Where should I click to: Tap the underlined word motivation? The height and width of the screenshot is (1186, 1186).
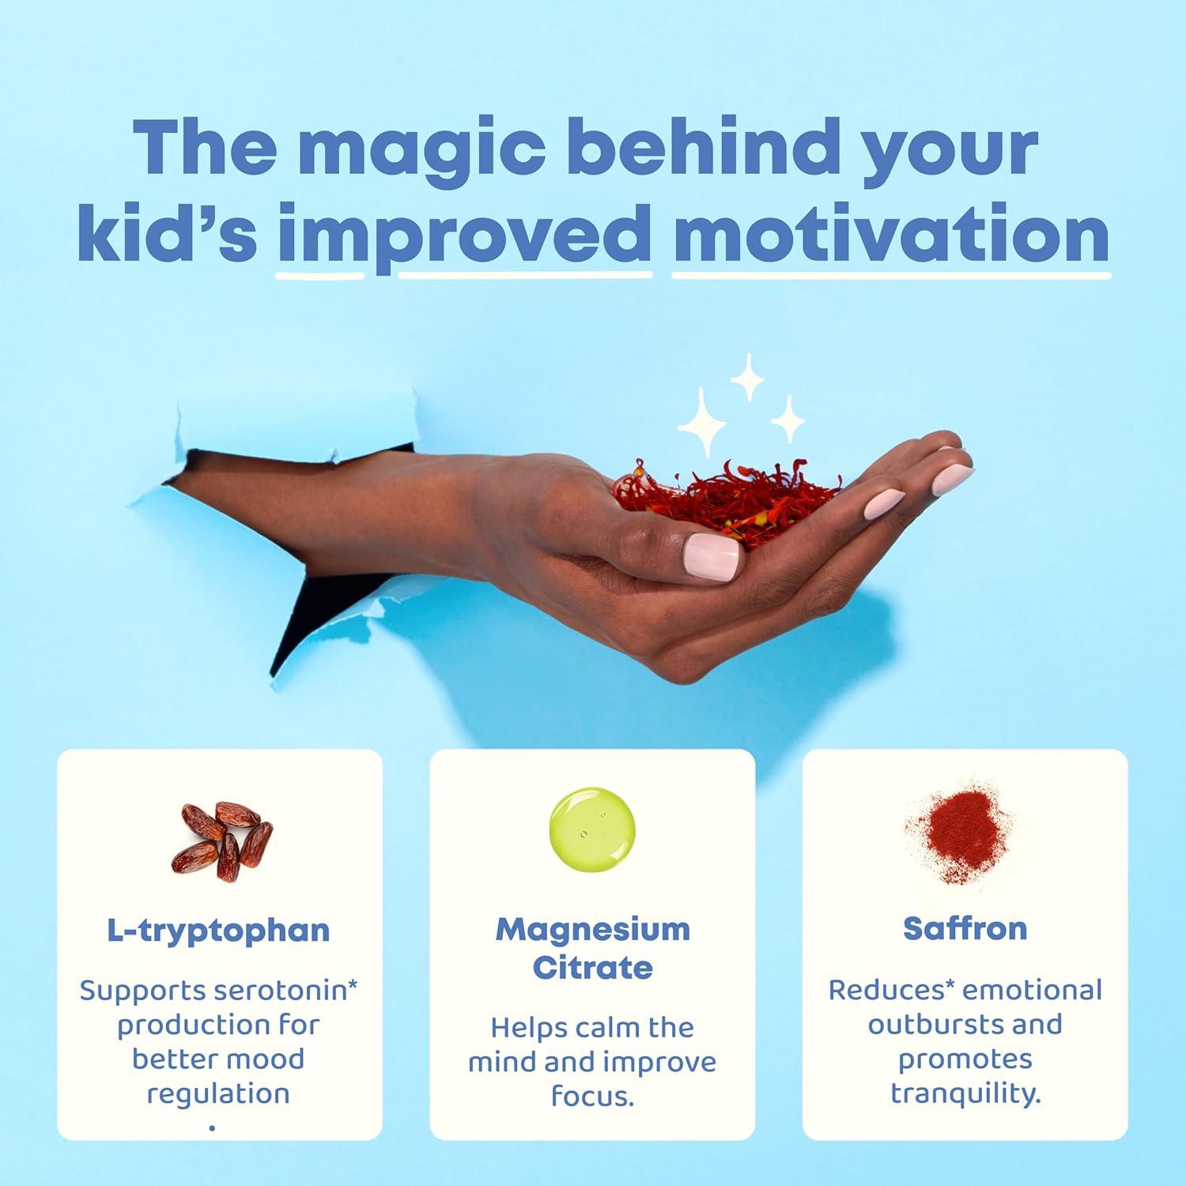click(891, 234)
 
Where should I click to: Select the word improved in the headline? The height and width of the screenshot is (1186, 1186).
click(465, 234)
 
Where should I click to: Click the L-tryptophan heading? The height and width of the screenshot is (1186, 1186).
click(218, 930)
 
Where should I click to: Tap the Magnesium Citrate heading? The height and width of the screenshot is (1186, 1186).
click(592, 948)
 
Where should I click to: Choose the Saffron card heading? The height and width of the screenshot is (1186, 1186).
click(965, 928)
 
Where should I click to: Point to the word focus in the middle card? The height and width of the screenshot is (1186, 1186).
click(591, 1097)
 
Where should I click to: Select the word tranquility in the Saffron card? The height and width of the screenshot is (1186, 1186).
click(965, 1093)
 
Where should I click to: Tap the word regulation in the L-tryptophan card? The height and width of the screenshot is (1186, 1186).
click(218, 1094)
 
